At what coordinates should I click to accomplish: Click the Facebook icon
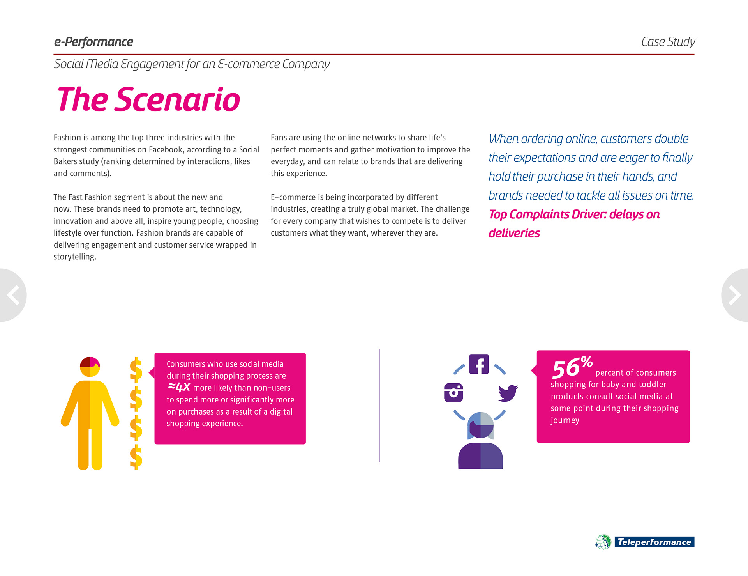(x=479, y=364)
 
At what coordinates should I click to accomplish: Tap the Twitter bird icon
(x=508, y=393)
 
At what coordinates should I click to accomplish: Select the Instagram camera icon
(x=453, y=392)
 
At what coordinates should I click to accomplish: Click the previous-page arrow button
(x=13, y=295)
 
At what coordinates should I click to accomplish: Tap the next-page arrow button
(x=735, y=295)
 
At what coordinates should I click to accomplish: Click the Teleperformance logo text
(x=654, y=542)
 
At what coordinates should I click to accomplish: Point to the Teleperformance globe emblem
(x=603, y=542)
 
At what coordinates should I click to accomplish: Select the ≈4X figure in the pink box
(x=179, y=387)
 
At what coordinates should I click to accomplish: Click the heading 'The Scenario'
(x=148, y=99)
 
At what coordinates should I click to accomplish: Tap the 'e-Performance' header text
(x=93, y=42)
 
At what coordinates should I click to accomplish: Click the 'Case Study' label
(x=668, y=42)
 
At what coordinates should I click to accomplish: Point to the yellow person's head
(x=90, y=367)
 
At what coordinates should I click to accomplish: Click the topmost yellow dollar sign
(x=136, y=369)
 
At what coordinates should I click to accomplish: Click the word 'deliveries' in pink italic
(x=514, y=233)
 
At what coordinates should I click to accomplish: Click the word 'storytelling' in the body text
(x=74, y=257)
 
